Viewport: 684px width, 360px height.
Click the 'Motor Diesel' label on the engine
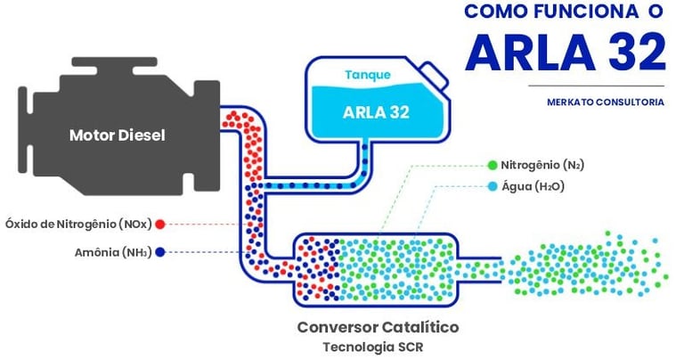pos(117,135)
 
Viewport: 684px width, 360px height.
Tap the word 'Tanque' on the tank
pos(366,75)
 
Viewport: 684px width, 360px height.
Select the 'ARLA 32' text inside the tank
pos(375,112)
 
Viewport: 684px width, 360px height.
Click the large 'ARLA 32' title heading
pos(565,53)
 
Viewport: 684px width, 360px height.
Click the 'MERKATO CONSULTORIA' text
pos(605,102)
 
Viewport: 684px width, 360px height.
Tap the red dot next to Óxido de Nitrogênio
pos(160,223)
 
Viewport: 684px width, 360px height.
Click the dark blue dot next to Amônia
pos(160,252)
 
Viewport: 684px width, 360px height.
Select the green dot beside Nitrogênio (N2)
pos(492,165)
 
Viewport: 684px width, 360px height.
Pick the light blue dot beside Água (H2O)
pos(492,187)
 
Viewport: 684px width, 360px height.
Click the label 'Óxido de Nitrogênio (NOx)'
pos(79,223)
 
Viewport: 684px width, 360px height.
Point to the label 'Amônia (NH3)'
pos(113,252)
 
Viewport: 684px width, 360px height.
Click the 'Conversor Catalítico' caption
pos(378,327)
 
